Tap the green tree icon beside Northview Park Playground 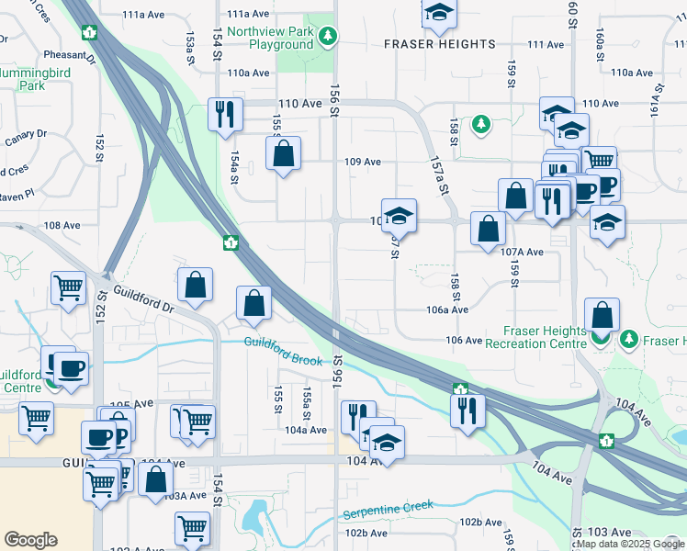point(328,37)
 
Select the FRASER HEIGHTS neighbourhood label point(439,44)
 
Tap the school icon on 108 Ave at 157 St point(399,217)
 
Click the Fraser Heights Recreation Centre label point(544,336)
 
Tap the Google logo point(30,540)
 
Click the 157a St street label point(438,174)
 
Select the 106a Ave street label point(447,309)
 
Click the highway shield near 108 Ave point(231,243)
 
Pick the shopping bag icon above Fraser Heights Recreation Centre point(602,316)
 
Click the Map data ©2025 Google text point(630,544)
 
